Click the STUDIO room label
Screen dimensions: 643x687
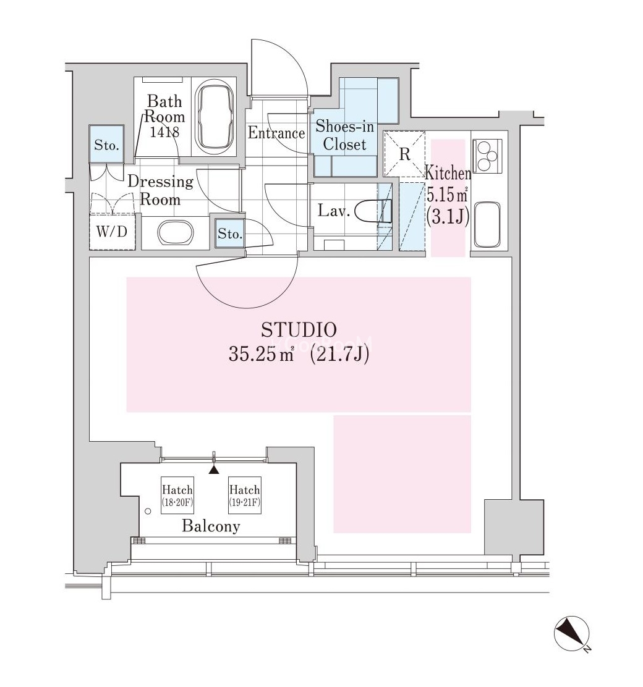(299, 329)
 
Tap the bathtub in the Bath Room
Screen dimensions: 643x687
(215, 116)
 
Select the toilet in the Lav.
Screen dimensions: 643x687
(372, 212)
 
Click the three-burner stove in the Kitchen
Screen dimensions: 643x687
(487, 156)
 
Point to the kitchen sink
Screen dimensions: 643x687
(487, 224)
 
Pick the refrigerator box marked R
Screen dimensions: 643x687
(404, 153)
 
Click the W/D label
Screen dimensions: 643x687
(112, 231)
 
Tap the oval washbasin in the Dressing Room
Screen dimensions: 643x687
(175, 233)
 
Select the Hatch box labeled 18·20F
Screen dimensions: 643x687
(177, 495)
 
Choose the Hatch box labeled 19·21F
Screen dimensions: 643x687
(245, 495)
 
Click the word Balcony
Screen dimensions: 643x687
(211, 526)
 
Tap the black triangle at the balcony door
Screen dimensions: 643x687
(213, 470)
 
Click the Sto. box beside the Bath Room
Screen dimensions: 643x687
(106, 144)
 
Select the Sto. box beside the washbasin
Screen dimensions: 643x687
(230, 233)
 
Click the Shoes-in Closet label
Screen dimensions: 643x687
(345, 135)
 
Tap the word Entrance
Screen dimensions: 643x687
(276, 133)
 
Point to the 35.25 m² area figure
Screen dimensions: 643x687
(261, 354)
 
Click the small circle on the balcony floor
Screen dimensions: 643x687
(148, 512)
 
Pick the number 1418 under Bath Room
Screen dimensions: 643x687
(164, 132)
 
